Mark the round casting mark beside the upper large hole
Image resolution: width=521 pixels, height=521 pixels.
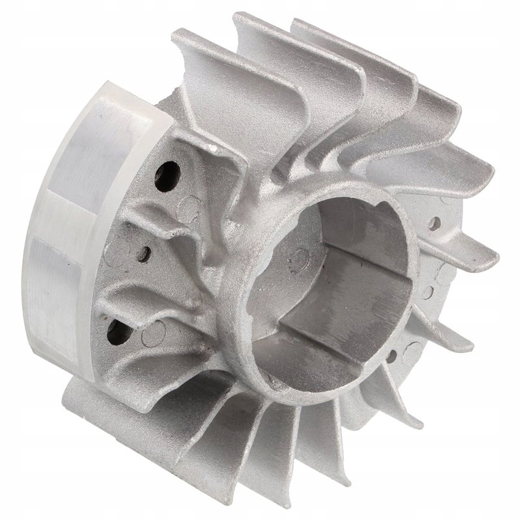(191, 207)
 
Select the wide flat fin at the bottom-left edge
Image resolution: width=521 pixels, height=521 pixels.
(98, 404)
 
